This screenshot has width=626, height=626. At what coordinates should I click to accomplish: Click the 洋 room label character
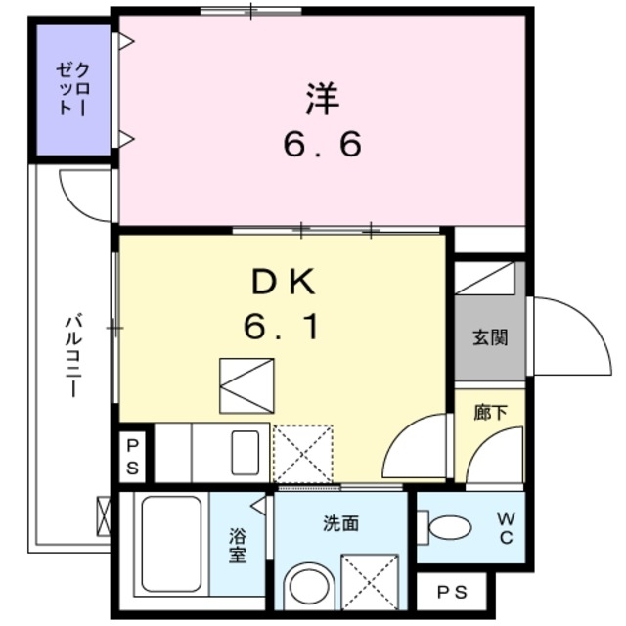[323, 99]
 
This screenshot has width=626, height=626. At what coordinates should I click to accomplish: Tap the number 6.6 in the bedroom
[323, 145]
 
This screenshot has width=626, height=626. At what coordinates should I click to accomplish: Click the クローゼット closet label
[74, 90]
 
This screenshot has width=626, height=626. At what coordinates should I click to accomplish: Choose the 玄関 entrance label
[490, 338]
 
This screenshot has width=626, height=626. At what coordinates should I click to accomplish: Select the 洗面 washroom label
[341, 523]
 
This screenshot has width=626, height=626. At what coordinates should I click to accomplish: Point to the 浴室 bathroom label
[238, 545]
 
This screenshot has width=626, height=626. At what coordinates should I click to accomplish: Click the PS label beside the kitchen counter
[133, 458]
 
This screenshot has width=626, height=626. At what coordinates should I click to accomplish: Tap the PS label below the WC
[452, 591]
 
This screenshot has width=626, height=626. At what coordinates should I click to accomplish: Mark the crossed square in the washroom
[370, 583]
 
